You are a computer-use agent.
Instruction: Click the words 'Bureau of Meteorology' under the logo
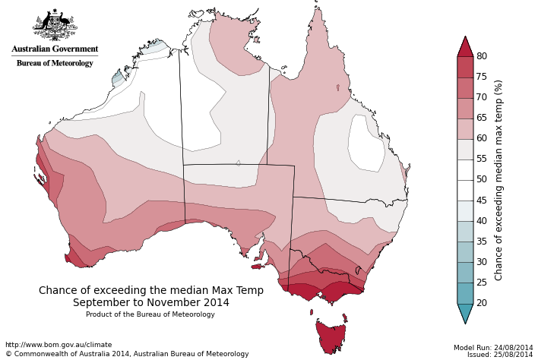click(x=55, y=63)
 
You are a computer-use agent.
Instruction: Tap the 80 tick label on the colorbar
click(x=482, y=56)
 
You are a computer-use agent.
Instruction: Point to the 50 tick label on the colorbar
click(x=482, y=180)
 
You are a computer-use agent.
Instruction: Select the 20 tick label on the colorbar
click(x=482, y=303)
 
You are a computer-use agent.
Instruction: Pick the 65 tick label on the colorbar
click(x=482, y=118)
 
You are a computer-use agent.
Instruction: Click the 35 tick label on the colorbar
click(x=482, y=242)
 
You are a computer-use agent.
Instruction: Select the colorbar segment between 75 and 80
click(x=465, y=67)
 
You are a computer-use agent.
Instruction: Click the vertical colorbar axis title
click(x=499, y=180)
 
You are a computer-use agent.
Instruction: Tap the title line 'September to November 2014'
click(x=151, y=302)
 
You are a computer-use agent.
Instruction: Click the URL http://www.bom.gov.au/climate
click(x=59, y=345)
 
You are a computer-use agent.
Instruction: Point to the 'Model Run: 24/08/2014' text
click(x=493, y=347)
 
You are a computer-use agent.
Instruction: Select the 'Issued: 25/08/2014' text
click(x=500, y=355)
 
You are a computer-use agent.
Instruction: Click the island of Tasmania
click(x=331, y=336)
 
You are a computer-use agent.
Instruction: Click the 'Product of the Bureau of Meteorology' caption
click(x=150, y=314)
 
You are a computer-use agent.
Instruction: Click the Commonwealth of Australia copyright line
click(x=127, y=354)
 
